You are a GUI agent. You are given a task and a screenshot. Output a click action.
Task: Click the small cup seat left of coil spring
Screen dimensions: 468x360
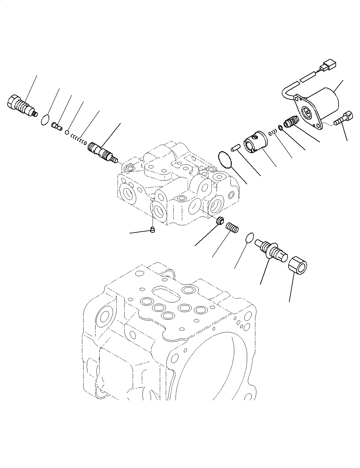click(220, 221)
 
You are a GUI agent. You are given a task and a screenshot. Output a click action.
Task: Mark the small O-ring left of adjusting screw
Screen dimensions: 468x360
click(249, 238)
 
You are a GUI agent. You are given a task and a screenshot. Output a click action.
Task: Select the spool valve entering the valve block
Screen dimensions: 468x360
click(102, 151)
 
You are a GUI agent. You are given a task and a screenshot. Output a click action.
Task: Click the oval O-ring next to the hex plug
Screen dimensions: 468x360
click(45, 120)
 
